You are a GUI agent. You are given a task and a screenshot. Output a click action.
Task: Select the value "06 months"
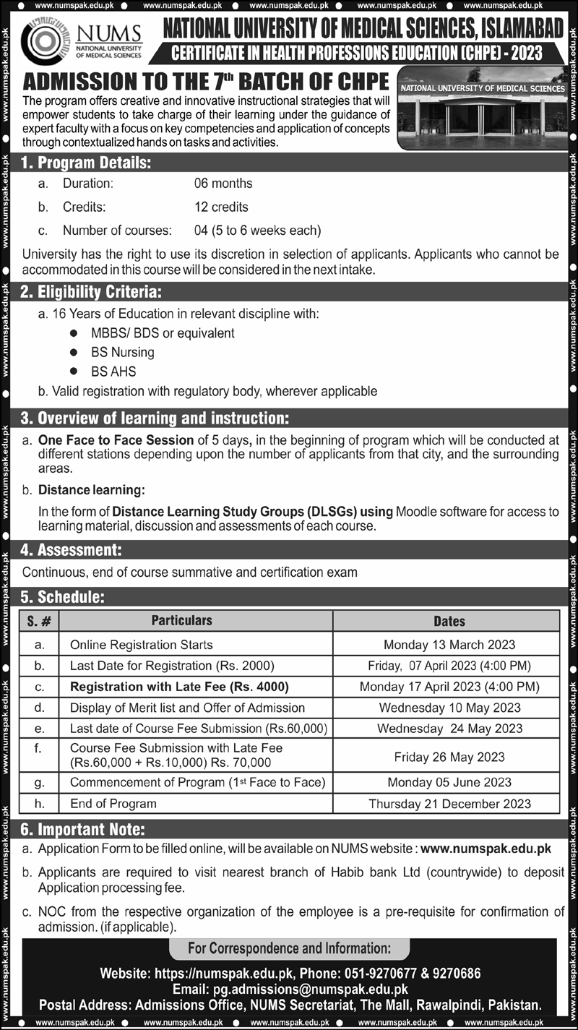click(223, 184)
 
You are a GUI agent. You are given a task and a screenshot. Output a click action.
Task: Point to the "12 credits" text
click(221, 207)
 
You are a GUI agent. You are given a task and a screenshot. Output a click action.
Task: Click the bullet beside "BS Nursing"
click(74, 353)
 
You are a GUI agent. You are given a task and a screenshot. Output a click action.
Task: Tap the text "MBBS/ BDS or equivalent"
click(163, 333)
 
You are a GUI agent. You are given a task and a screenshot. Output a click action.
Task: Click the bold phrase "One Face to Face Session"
click(116, 439)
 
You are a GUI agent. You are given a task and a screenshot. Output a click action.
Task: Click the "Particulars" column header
click(182, 621)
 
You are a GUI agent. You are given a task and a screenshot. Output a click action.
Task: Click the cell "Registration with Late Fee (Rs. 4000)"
click(179, 687)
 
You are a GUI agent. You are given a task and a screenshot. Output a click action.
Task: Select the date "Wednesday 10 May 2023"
click(449, 708)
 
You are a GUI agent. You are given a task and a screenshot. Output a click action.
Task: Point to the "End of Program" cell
click(113, 803)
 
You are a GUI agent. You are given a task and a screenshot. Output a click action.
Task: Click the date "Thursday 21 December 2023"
click(449, 803)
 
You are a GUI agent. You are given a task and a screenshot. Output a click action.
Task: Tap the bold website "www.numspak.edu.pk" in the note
click(486, 849)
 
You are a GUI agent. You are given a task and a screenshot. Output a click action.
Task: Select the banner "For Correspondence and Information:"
click(289, 948)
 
